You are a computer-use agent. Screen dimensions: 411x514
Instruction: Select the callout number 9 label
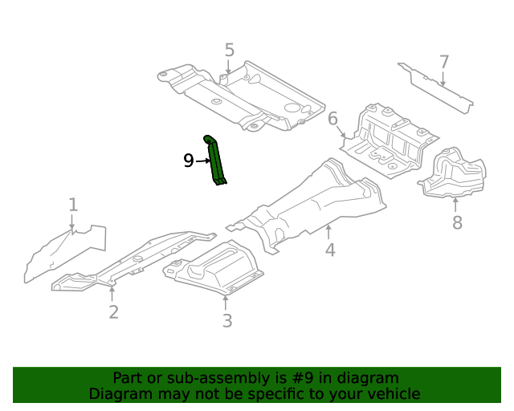[x=188, y=161]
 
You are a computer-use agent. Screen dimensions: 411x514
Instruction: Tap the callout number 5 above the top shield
[x=230, y=51]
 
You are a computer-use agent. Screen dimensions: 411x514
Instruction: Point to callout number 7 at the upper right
[x=443, y=62]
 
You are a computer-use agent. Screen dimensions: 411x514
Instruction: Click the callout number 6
[x=333, y=119]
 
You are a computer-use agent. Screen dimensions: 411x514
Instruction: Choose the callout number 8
[x=457, y=222]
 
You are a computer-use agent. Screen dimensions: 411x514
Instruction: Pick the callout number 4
[x=330, y=250]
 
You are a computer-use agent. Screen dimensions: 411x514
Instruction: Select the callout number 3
[x=227, y=321]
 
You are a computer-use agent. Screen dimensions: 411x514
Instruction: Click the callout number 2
[x=113, y=311]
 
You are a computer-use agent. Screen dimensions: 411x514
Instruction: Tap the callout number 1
[x=73, y=205]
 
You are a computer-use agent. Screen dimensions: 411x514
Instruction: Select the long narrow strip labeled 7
[x=434, y=87]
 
